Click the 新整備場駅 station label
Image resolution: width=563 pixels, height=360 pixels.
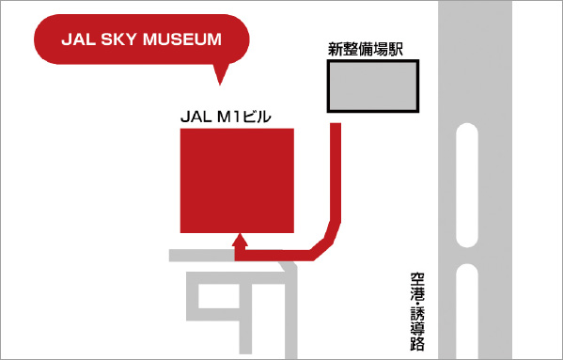click(366, 50)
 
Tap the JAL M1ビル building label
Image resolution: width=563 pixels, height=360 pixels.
click(225, 117)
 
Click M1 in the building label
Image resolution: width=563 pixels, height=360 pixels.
click(229, 117)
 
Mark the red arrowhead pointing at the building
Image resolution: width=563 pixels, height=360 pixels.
click(240, 242)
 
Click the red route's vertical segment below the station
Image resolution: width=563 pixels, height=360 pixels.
click(336, 169)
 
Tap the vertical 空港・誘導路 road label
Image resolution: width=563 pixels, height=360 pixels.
click(417, 311)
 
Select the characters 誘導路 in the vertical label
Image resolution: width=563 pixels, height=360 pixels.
click(417, 329)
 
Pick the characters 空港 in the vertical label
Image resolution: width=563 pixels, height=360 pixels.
click(417, 285)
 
